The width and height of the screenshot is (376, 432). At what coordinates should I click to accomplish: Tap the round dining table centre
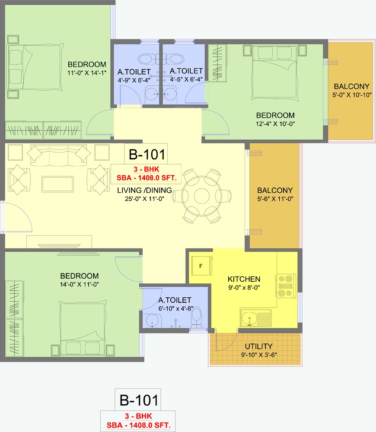[x=202, y=196]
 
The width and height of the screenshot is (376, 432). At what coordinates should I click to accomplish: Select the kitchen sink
[x=255, y=318]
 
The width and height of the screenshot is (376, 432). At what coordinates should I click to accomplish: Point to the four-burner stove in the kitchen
[x=286, y=286]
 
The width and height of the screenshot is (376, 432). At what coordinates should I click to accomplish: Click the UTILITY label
[x=258, y=346]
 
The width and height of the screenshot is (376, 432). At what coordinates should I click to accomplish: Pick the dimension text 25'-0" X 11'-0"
[x=144, y=199]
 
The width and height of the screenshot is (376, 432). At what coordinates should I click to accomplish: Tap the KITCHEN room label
[x=244, y=279]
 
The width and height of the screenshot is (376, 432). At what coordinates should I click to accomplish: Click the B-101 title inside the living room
[x=147, y=154]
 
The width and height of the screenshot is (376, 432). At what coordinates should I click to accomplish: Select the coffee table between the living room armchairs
[x=57, y=184]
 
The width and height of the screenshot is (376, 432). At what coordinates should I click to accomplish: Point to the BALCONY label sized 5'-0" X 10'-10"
[x=351, y=86]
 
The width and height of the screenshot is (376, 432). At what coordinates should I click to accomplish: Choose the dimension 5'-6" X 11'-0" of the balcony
[x=275, y=199]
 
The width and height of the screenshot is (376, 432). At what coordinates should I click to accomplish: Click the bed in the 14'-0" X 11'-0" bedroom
[x=83, y=328]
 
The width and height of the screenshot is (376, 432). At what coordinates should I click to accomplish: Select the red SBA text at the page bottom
[x=139, y=425]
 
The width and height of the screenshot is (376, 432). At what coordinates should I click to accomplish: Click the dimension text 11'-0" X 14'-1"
[x=87, y=73]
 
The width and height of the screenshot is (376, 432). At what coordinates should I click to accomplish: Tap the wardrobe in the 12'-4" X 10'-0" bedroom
[x=217, y=63]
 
